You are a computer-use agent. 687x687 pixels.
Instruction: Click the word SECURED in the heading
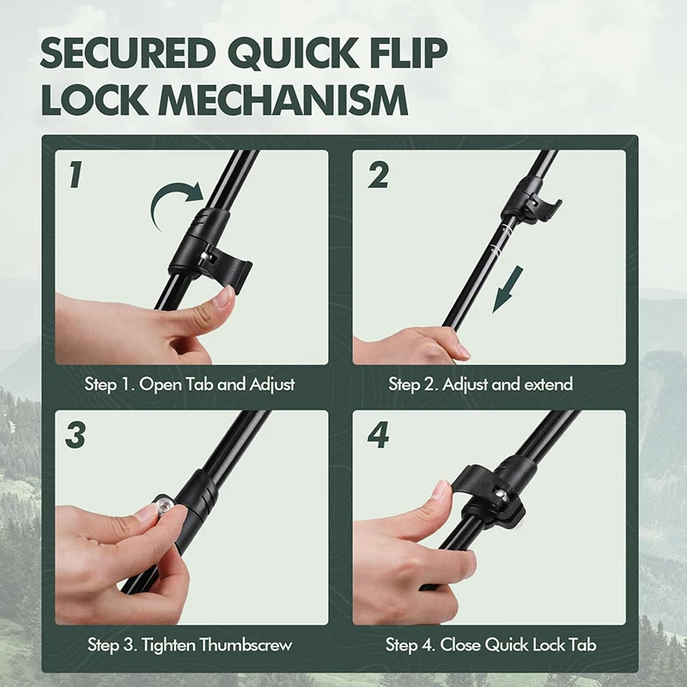tap(128, 53)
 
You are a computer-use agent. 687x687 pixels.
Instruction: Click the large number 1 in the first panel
tap(76, 175)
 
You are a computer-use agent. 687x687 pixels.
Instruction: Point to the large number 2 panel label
tap(379, 175)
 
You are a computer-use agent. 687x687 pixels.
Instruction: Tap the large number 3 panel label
tap(76, 435)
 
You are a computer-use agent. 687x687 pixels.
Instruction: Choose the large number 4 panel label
tap(379, 435)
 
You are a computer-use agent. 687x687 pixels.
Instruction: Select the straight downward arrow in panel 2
tap(508, 289)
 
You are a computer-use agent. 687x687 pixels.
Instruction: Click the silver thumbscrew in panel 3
tap(166, 507)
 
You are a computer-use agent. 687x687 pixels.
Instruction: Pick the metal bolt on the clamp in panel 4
tap(502, 495)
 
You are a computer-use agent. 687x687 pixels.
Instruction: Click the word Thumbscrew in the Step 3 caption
tap(246, 645)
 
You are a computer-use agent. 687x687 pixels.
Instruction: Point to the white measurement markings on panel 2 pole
tap(502, 239)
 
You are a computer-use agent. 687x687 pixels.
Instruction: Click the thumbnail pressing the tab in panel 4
tap(441, 489)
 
